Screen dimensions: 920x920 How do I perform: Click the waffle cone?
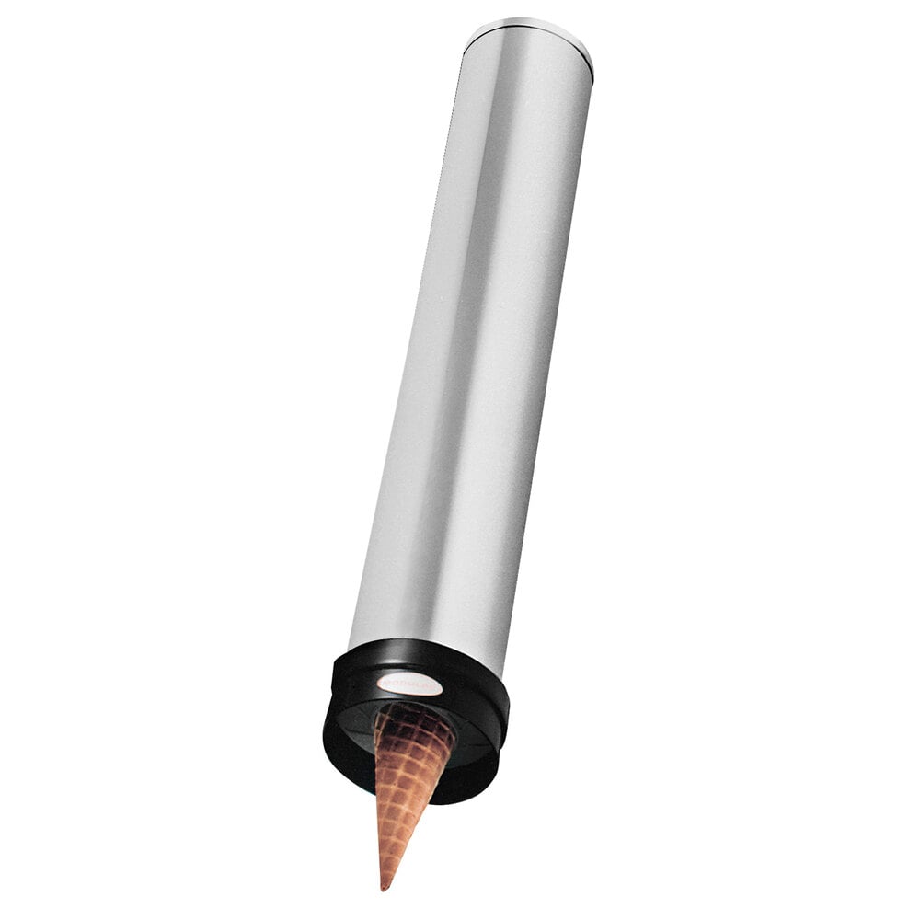[x=406, y=782]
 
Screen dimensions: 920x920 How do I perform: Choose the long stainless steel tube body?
[x=469, y=350]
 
